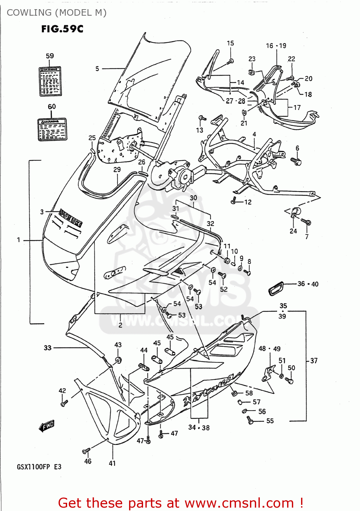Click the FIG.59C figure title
click(62, 29)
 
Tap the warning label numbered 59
click(50, 81)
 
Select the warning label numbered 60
click(52, 129)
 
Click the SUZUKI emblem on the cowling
click(71, 218)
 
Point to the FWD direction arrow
click(47, 426)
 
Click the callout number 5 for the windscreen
click(97, 69)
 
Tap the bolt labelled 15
click(231, 61)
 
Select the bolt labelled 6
click(296, 161)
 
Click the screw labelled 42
click(63, 403)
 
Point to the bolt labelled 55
click(250, 420)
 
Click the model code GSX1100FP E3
click(39, 467)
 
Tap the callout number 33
click(48, 348)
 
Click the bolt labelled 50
click(290, 380)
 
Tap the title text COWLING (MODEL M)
click(57, 13)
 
